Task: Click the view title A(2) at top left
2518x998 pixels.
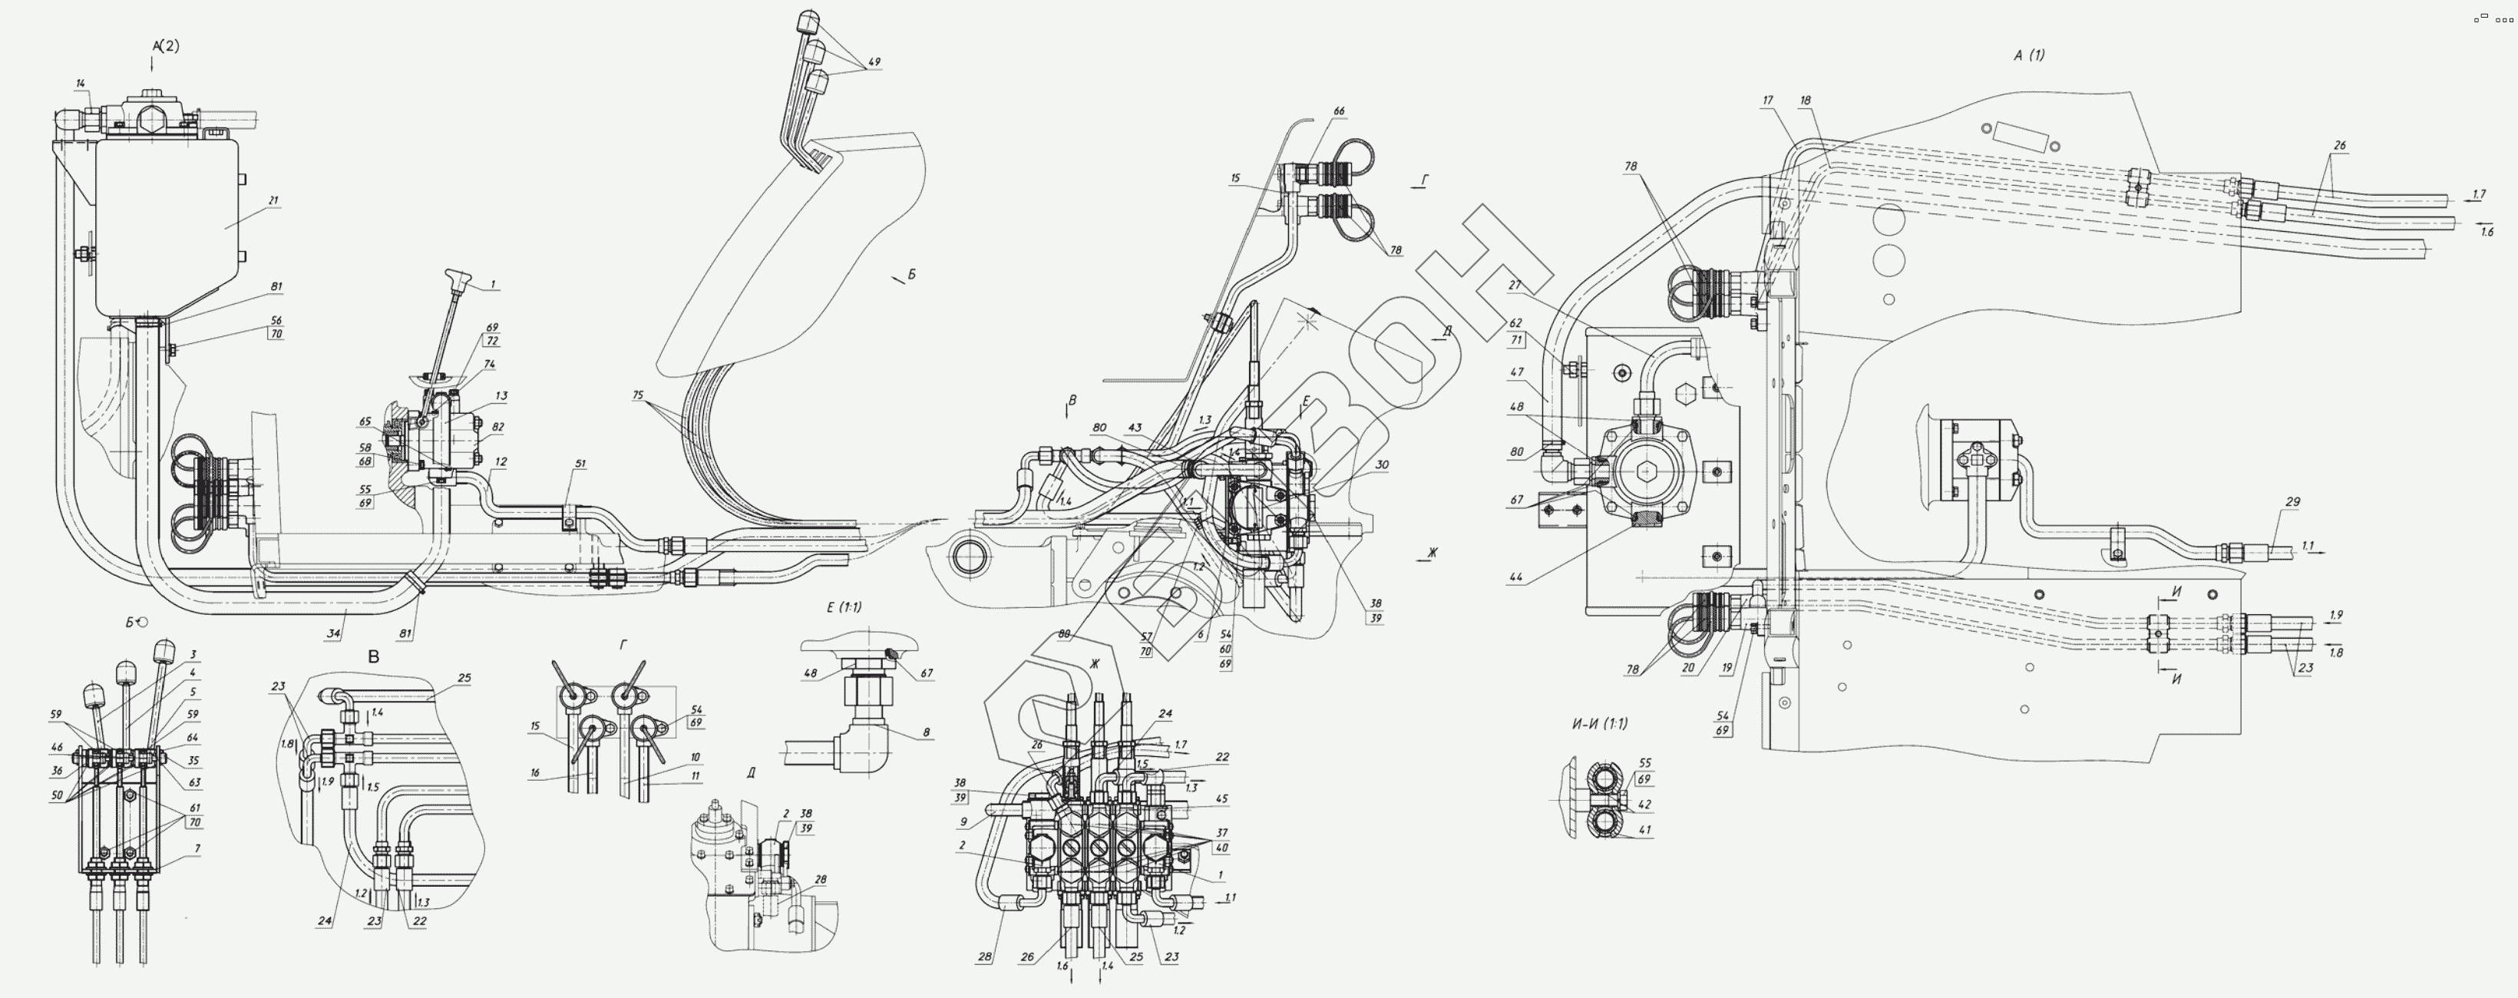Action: coord(166,46)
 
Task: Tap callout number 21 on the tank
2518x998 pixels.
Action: coord(273,200)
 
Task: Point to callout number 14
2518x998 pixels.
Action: coord(80,84)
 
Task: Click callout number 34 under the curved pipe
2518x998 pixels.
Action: coord(333,633)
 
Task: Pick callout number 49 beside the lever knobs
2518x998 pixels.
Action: coord(874,62)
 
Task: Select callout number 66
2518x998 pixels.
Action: coord(1338,111)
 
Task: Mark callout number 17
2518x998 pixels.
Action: coord(1767,101)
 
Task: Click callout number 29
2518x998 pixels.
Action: coord(2292,501)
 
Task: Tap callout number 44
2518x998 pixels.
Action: coord(1515,577)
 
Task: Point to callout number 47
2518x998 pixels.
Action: coord(1516,372)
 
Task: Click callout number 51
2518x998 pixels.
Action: coord(580,464)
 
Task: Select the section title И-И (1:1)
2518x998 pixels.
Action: coord(1599,724)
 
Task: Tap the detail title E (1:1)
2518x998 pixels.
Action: coord(844,607)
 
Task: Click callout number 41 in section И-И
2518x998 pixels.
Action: coord(1644,830)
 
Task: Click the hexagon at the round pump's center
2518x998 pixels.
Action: coord(1647,472)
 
